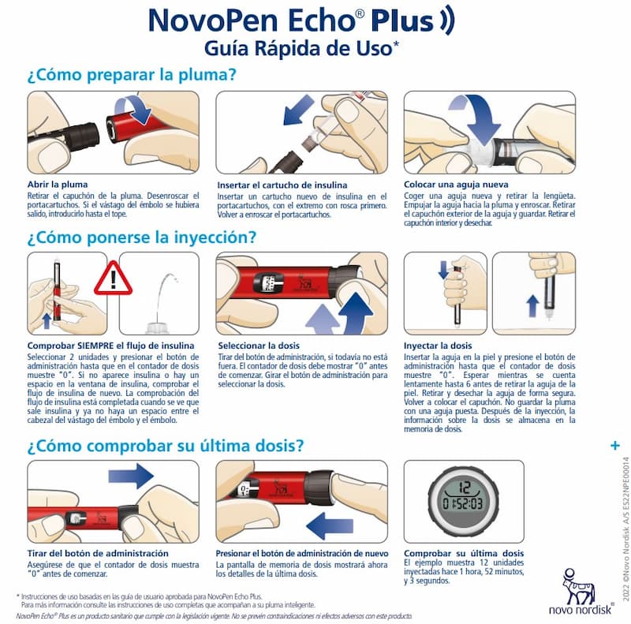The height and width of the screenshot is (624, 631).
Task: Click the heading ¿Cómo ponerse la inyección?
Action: pyautogui.click(x=142, y=237)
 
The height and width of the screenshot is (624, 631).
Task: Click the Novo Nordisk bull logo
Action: pyautogui.click(x=578, y=588)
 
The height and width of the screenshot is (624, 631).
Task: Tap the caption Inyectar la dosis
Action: pyautogui.click(x=438, y=346)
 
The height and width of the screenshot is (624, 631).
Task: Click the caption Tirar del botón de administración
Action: pyautogui.click(x=98, y=554)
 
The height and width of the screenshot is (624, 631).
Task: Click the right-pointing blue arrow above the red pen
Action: pyautogui.click(x=131, y=476)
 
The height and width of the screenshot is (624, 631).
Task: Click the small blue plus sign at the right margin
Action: pyautogui.click(x=615, y=446)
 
